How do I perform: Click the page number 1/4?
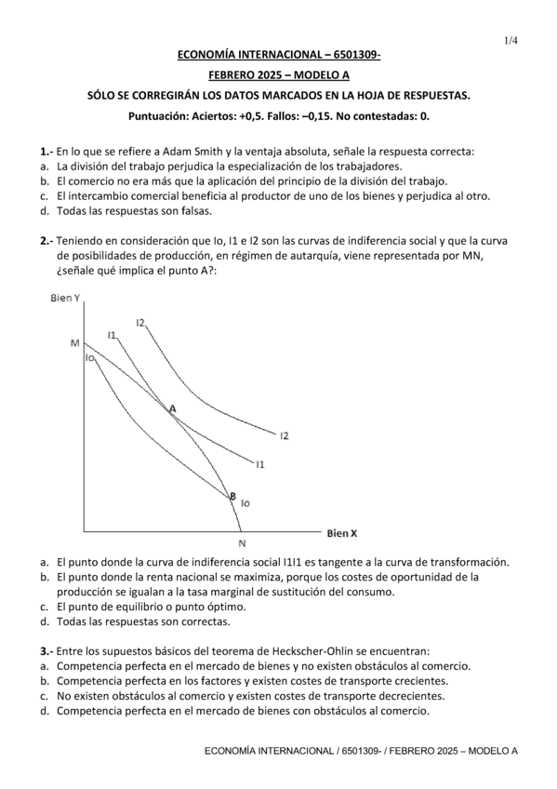pos(511,41)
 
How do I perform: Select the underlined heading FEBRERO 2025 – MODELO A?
pos(279,76)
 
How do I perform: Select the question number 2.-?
pos(46,241)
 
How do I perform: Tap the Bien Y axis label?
pos(64,298)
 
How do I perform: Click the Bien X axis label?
pos(342,533)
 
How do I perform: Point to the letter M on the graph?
pos(74,342)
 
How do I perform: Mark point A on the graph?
pos(172,408)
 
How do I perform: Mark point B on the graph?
pos(232,496)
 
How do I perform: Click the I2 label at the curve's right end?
pos(284,435)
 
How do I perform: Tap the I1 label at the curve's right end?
pos(260,463)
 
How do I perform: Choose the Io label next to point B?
pos(245,503)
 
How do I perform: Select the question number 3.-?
pos(46,651)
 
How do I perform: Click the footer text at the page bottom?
pos(361,750)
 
